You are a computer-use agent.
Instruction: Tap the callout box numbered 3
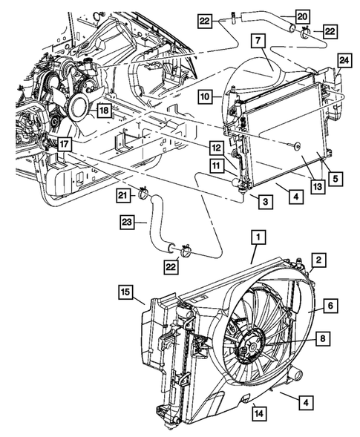point(264,201)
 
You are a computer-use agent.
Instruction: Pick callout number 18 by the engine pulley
point(104,109)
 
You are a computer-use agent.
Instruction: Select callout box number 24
point(344,59)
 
